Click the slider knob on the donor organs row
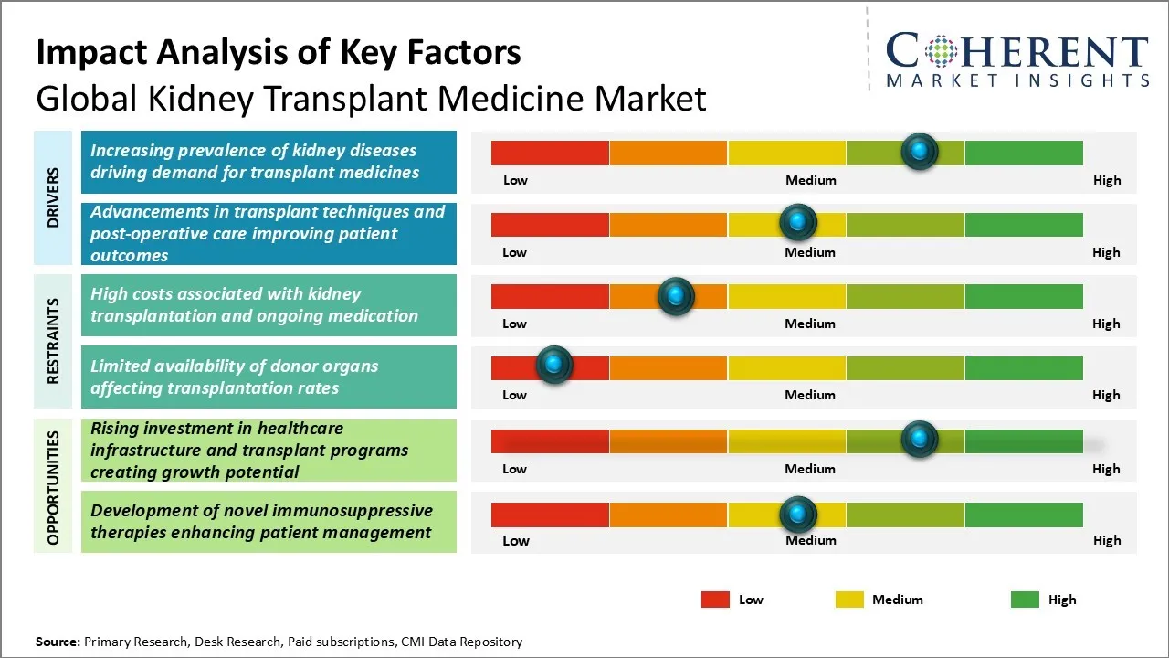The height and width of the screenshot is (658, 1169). tap(553, 365)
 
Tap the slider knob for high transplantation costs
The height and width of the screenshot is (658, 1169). tap(676, 295)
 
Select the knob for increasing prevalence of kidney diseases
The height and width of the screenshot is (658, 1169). tap(920, 151)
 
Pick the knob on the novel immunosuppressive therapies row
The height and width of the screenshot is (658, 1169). tap(798, 515)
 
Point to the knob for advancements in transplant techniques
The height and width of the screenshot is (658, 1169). tap(798, 222)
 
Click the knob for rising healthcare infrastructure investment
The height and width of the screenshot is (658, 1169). tap(920, 439)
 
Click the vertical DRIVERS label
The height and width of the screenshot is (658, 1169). tap(54, 197)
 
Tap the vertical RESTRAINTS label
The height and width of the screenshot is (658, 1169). tap(54, 341)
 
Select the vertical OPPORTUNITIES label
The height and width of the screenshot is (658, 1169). tap(54, 487)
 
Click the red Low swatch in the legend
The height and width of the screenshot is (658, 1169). tap(715, 600)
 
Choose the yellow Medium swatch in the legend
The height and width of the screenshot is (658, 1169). tap(849, 600)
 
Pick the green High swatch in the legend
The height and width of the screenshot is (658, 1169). tap(1025, 600)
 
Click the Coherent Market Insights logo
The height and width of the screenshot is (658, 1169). tap(1016, 58)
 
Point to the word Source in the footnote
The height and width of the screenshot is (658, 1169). tap(58, 642)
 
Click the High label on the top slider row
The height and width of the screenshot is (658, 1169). tap(1107, 180)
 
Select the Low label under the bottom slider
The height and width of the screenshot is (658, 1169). tap(516, 540)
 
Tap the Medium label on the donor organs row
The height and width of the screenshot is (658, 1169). tap(810, 395)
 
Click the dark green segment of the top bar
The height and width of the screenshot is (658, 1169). tap(1024, 153)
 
